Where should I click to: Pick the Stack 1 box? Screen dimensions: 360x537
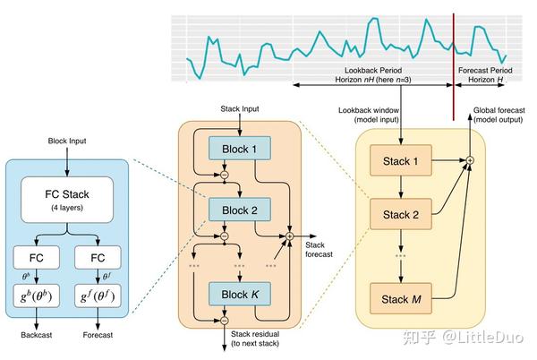(401, 161)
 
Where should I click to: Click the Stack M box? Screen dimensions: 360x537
(401, 298)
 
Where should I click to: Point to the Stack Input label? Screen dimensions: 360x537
(239, 109)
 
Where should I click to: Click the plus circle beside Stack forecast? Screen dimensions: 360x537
(288, 237)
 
